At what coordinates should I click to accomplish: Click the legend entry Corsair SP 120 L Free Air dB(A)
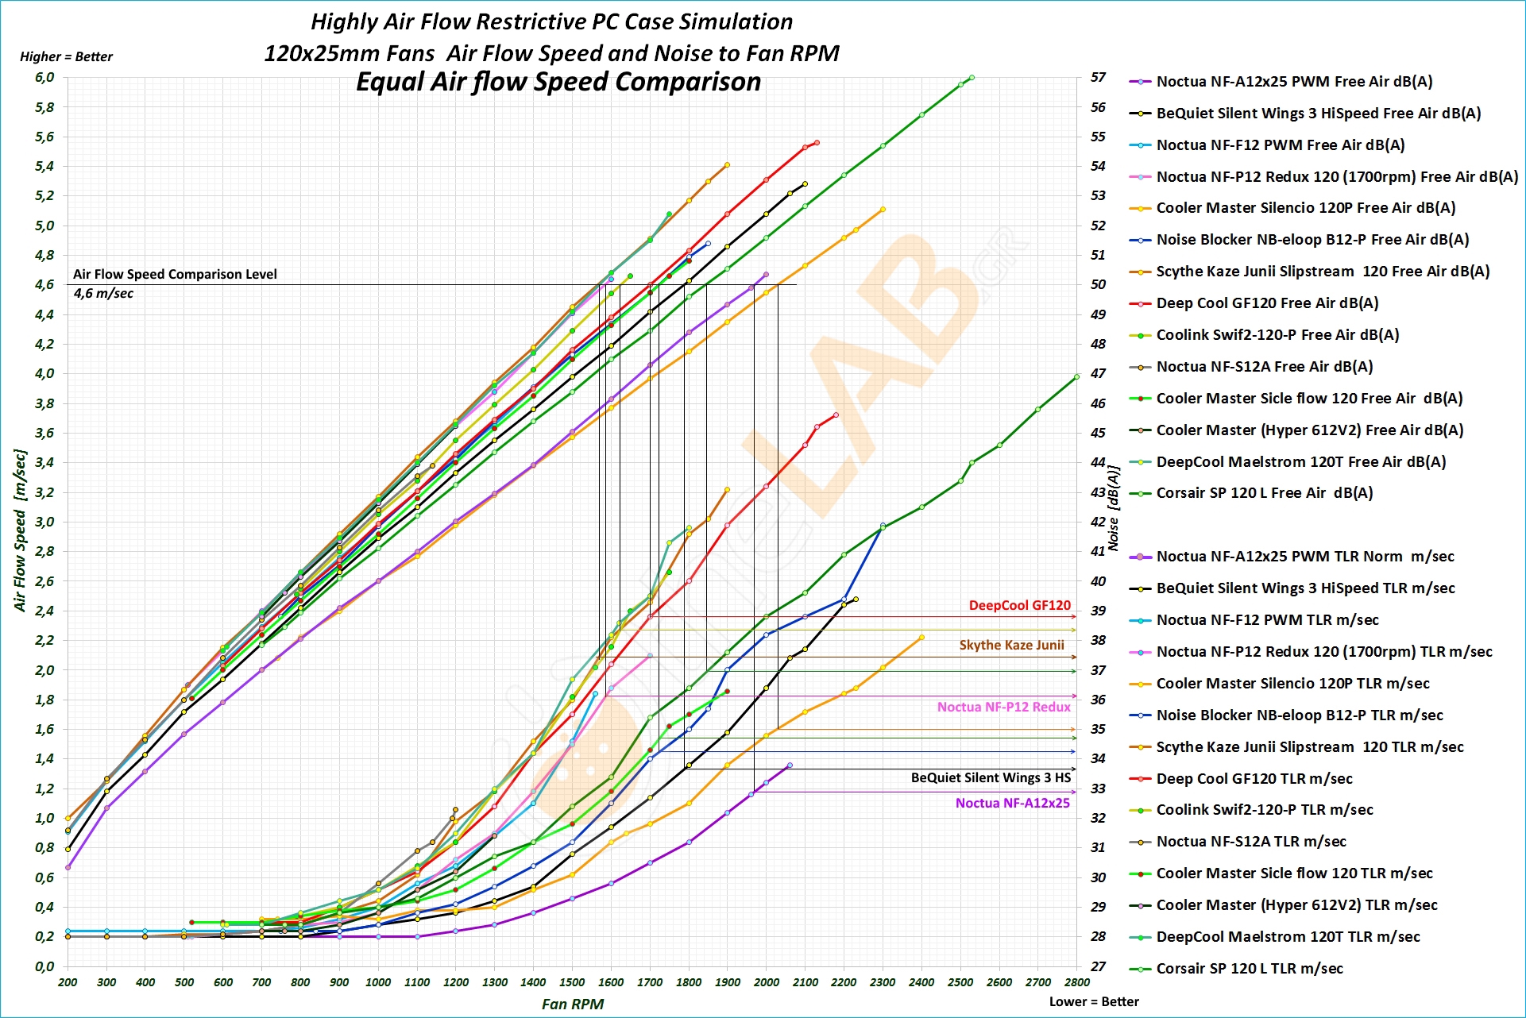tap(1264, 493)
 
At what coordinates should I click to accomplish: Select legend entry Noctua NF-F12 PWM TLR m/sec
tap(1267, 620)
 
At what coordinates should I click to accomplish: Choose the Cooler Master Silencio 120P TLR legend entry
tap(1292, 684)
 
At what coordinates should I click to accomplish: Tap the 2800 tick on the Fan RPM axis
tap(1077, 982)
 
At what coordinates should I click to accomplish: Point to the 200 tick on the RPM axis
tap(68, 982)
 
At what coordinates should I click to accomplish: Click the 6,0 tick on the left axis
tap(44, 78)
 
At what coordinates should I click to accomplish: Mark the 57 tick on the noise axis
tap(1098, 78)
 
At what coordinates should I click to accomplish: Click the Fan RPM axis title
tap(572, 1004)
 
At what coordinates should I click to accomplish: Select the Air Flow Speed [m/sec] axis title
tap(21, 530)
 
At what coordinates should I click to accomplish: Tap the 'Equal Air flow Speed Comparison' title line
tap(558, 82)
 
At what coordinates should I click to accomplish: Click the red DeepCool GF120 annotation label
tap(1019, 606)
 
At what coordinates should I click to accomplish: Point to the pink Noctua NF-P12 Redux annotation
tap(1003, 707)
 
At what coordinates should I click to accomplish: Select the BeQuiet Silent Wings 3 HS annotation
tap(991, 778)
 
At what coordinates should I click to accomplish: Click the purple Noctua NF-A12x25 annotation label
tap(1012, 803)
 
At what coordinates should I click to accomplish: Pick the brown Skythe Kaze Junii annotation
tap(1011, 645)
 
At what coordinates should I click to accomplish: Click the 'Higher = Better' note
tap(66, 56)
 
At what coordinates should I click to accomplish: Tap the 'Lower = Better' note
tap(1094, 1001)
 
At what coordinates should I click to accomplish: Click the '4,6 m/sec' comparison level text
tap(103, 294)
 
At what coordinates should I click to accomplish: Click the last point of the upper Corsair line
tap(972, 78)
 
